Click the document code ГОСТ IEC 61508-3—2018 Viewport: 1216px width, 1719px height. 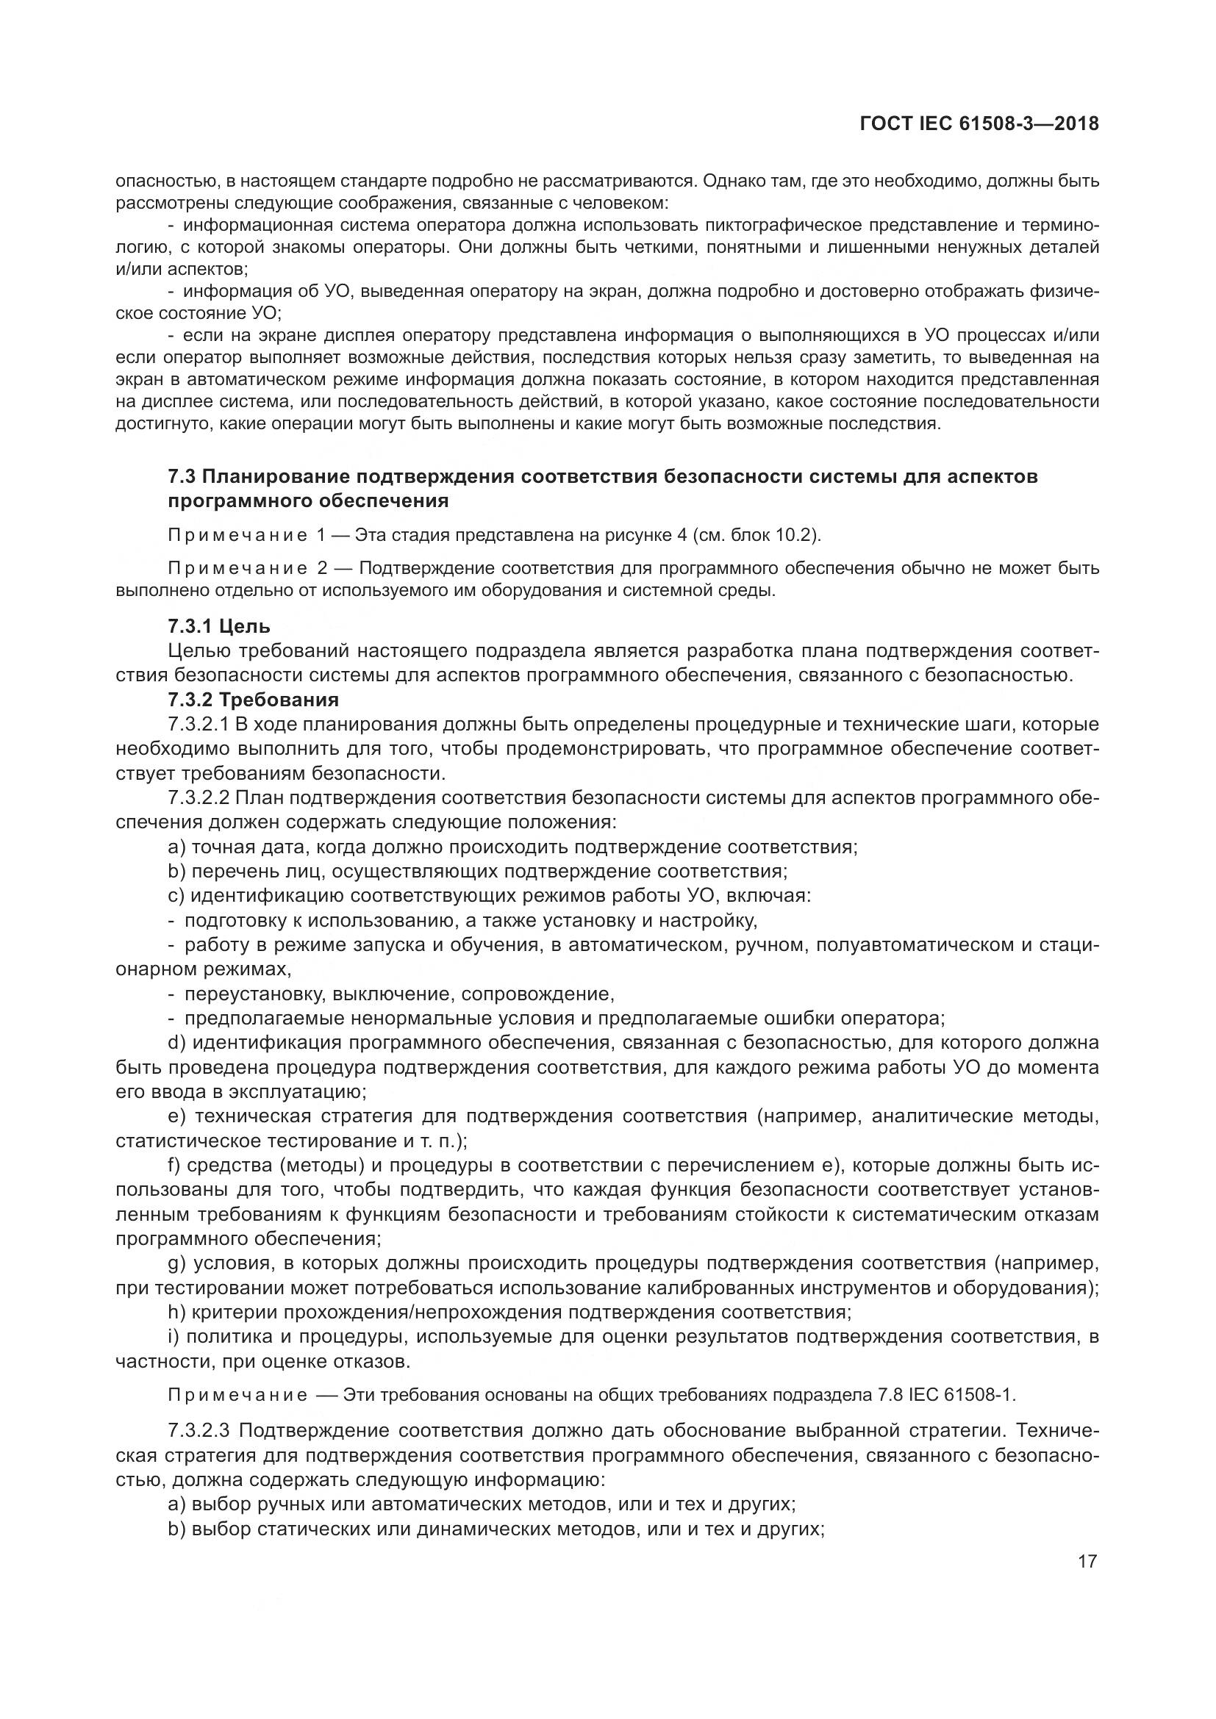[979, 123]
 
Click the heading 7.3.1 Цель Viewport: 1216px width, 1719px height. [219, 626]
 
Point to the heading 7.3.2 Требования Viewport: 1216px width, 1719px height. [253, 699]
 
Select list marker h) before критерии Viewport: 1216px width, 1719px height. [176, 1312]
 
